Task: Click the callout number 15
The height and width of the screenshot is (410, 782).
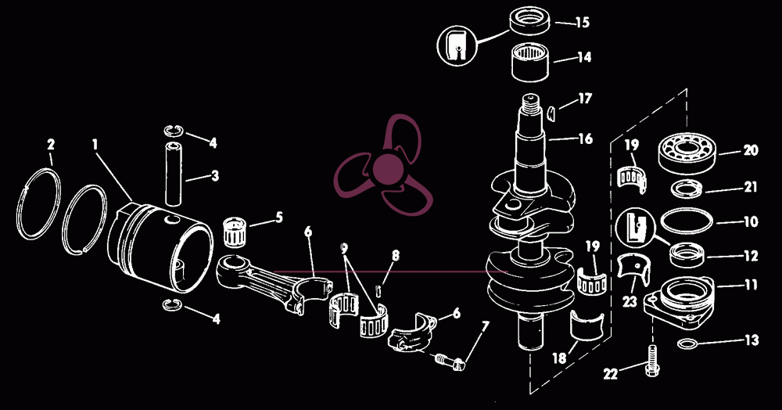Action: coord(582,23)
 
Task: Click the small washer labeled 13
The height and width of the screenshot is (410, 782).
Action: coord(689,343)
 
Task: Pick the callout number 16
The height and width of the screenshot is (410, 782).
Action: coord(585,138)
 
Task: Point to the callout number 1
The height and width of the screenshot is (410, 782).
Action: coord(95,145)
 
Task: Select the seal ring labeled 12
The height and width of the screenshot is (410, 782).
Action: coord(687,254)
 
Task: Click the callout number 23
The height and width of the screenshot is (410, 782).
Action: coord(630,302)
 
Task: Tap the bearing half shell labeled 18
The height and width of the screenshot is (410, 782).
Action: coord(586,325)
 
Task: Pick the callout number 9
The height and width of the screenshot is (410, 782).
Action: coord(345,248)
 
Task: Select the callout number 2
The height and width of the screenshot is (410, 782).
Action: coord(51,145)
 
